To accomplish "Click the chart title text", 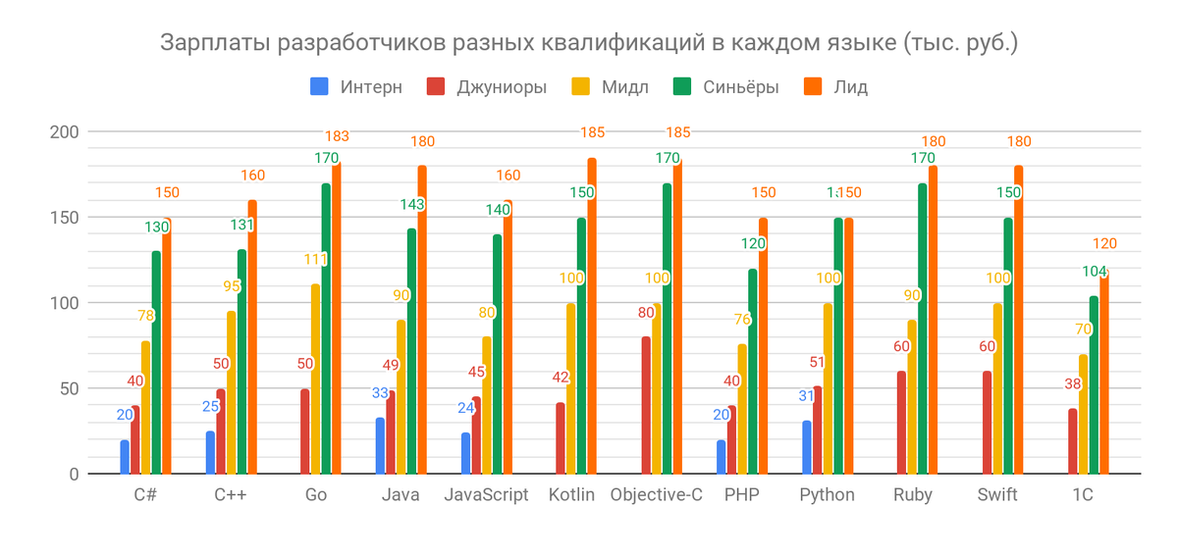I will point(589,44).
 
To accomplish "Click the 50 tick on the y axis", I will point(69,388).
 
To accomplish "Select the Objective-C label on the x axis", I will point(657,495).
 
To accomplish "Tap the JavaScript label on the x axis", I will point(486,495).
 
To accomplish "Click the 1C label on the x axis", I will point(1082,495).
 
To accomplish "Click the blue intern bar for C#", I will point(125,457).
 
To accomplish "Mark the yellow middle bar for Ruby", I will point(911,397).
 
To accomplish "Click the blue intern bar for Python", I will point(807,447).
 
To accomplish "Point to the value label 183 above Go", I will point(337,136).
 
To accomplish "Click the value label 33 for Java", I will point(380,393).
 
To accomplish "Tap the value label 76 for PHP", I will point(742,319).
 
